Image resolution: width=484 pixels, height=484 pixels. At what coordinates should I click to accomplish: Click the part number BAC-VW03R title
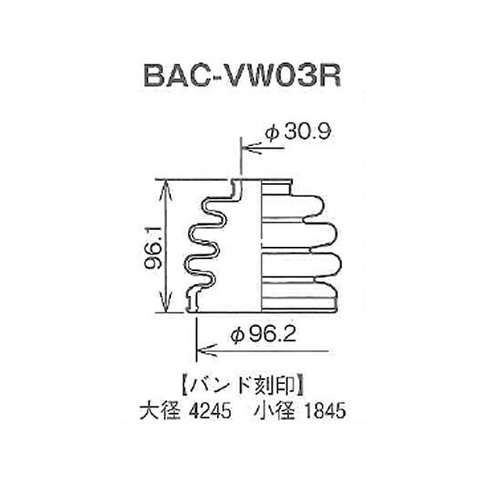pyautogui.click(x=242, y=76)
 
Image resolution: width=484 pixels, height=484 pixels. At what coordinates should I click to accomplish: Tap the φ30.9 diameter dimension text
pyautogui.click(x=298, y=131)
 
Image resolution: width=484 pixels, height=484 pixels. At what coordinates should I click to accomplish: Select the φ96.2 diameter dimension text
pyautogui.click(x=263, y=335)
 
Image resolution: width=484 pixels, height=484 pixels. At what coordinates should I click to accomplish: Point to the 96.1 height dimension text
pyautogui.click(x=152, y=247)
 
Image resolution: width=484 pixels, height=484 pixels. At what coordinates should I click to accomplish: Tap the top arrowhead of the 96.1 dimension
pyautogui.click(x=166, y=188)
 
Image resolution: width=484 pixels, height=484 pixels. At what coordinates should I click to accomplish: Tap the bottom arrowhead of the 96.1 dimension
pyautogui.click(x=166, y=303)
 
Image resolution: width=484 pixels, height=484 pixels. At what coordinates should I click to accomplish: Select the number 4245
pyautogui.click(x=211, y=411)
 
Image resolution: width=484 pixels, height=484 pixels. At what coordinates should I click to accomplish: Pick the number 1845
pyautogui.click(x=325, y=411)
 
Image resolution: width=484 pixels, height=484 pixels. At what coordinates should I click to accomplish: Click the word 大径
pyautogui.click(x=160, y=411)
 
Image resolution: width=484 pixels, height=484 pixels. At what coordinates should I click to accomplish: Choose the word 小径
pyautogui.click(x=274, y=411)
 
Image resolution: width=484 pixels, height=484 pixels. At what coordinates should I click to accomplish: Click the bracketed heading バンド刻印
pyautogui.click(x=243, y=386)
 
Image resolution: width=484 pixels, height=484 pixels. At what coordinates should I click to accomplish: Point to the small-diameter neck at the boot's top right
pyautogui.click(x=276, y=188)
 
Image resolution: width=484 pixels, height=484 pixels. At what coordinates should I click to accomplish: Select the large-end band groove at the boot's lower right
pyautogui.click(x=298, y=302)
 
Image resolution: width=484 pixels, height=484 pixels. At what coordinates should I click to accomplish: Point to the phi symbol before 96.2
pyautogui.click(x=237, y=336)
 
